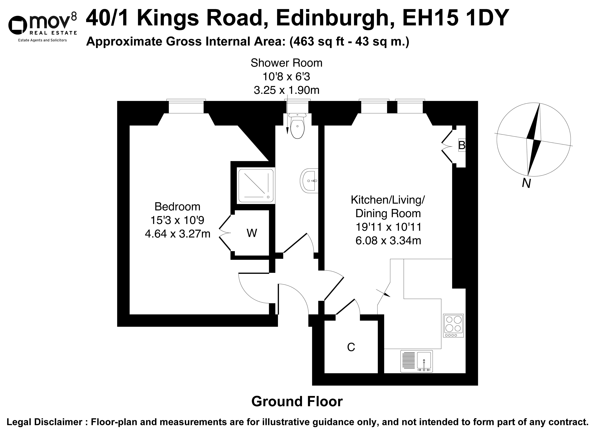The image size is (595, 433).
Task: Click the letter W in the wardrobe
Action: click(252, 233)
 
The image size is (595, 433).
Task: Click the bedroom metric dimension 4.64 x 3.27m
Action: click(178, 233)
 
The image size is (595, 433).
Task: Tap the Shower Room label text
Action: click(286, 63)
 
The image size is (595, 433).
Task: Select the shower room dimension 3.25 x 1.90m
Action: click(286, 90)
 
